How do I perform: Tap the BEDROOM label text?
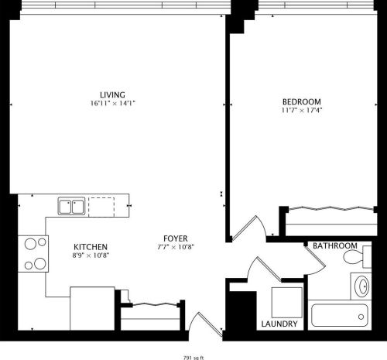(301, 102)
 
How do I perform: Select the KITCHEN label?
(90, 246)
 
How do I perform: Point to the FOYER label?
(175, 238)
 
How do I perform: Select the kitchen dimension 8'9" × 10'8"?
(90, 255)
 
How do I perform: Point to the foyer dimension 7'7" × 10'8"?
(175, 247)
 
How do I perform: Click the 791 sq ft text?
(194, 358)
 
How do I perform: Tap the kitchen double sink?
(71, 207)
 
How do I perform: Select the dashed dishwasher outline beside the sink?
(101, 207)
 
